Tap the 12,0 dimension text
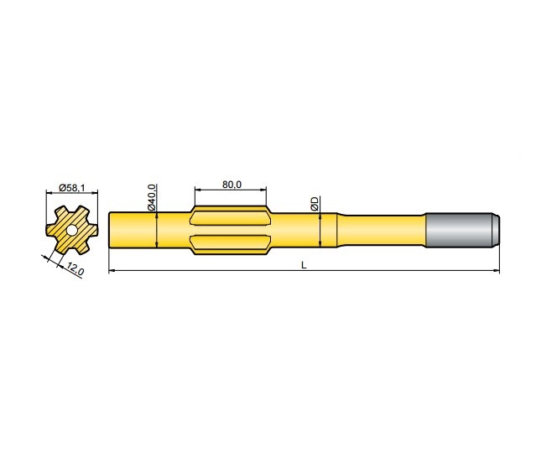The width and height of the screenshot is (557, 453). click(x=75, y=269)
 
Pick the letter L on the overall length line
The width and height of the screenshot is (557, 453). click(x=304, y=265)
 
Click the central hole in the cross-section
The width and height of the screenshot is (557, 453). click(x=70, y=229)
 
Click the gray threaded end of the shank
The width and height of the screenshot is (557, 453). click(x=457, y=229)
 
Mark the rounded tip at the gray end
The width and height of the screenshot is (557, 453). click(x=496, y=229)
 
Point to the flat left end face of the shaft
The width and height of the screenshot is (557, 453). click(x=111, y=229)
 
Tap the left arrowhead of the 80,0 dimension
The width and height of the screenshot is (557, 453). click(x=197, y=190)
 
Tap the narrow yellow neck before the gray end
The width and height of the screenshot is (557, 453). click(x=382, y=229)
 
